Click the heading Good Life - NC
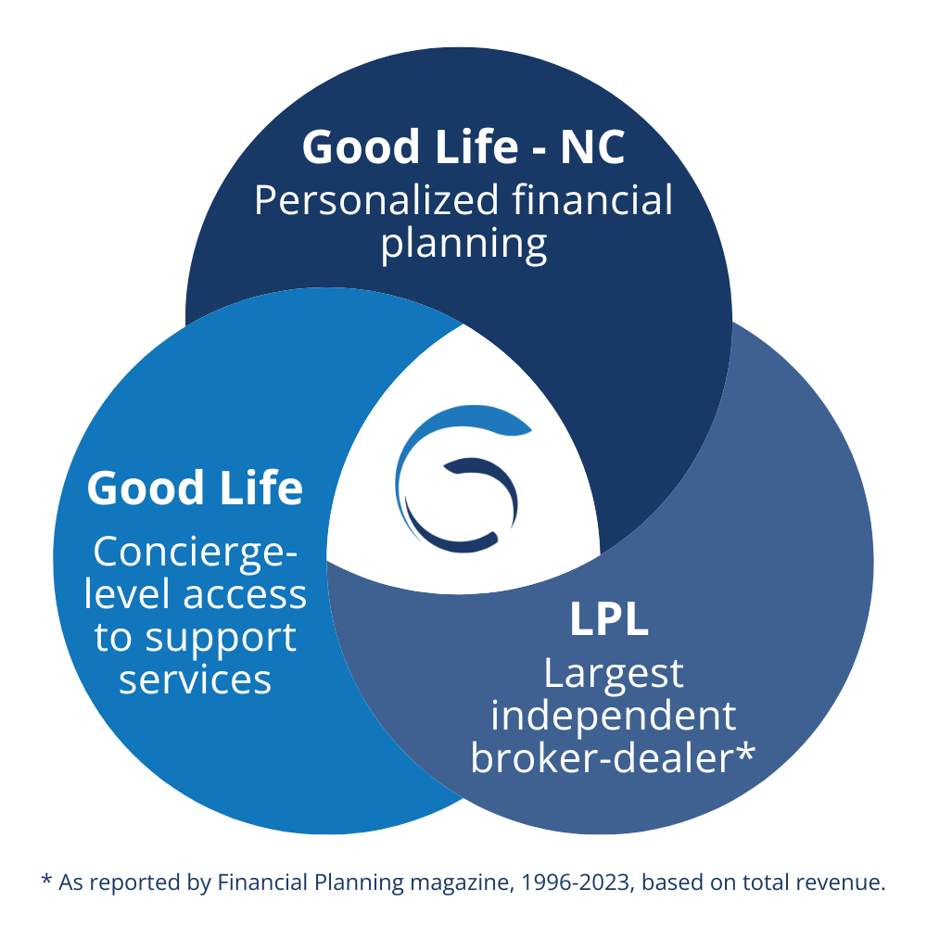(x=463, y=146)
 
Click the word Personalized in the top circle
(x=376, y=200)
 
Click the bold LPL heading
(x=609, y=619)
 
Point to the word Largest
(x=613, y=675)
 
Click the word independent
(x=613, y=717)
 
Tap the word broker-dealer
(x=602, y=757)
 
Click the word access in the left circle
(x=245, y=595)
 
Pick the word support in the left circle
(x=221, y=640)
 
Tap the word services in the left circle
(x=195, y=679)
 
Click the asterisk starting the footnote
(x=46, y=879)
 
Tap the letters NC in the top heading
(x=592, y=147)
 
